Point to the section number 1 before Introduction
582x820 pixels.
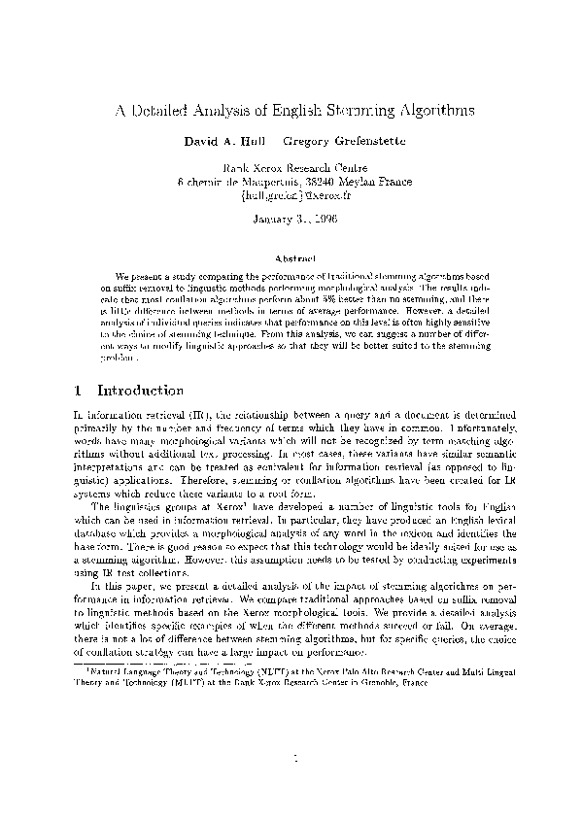[77, 391]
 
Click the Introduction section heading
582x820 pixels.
[142, 391]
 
